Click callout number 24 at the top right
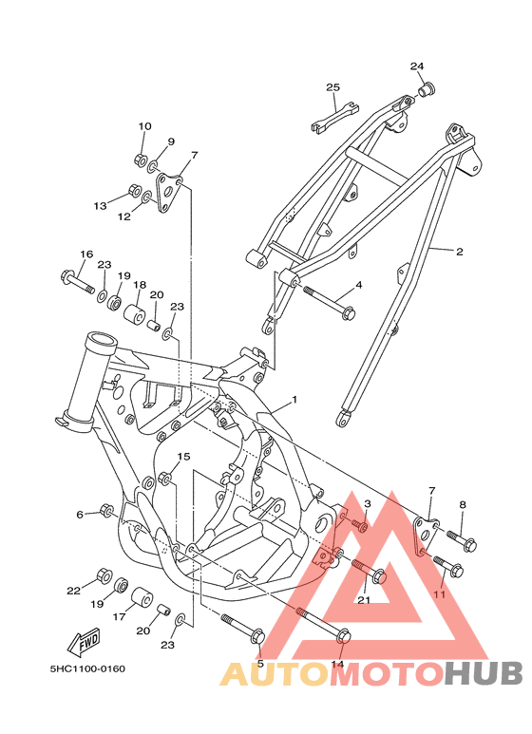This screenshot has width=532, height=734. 417,66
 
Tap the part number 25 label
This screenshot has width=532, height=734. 332,87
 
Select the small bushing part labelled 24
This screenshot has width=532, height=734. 427,89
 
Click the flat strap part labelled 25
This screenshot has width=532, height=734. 335,118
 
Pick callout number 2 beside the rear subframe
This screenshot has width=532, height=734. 460,252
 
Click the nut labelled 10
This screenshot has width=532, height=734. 140,160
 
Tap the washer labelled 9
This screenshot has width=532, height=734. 153,166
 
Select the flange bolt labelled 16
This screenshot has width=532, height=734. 77,280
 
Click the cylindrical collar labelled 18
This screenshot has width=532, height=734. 134,313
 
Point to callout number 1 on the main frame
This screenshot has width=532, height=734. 294,400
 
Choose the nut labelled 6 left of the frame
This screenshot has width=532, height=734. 106,511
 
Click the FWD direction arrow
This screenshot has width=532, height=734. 84,642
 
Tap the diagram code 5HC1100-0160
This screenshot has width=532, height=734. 87,668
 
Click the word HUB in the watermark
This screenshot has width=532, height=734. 483,673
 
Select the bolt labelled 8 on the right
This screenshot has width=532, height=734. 462,540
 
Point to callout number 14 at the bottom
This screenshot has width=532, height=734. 337,664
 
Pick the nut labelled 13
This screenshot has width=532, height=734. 135,190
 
